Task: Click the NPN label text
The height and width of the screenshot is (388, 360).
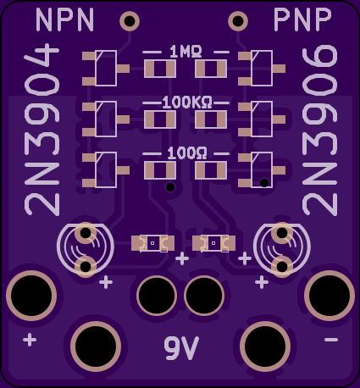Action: click(64, 19)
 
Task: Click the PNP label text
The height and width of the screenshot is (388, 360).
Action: click(302, 19)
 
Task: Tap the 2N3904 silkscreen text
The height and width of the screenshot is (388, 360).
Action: click(42, 130)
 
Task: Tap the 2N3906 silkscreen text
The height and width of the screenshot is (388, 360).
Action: click(319, 130)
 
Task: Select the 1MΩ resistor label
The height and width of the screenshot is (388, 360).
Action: click(186, 52)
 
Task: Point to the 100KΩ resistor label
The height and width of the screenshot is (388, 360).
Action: click(187, 103)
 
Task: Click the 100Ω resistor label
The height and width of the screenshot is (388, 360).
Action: click(187, 153)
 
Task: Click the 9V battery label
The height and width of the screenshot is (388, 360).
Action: click(181, 347)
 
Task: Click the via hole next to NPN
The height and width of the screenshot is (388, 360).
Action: click(130, 21)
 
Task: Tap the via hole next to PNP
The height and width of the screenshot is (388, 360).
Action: click(238, 21)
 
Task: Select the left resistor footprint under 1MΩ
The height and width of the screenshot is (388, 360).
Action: click(160, 69)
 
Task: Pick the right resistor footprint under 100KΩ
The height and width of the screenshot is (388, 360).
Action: click(211, 119)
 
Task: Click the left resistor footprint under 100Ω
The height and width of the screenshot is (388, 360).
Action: click(160, 170)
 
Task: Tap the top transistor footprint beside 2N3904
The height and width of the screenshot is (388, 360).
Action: click(106, 69)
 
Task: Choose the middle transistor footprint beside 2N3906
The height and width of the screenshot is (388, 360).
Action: click(262, 119)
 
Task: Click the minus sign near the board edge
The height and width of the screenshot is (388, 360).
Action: click(331, 340)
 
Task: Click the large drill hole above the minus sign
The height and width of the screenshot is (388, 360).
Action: click(330, 296)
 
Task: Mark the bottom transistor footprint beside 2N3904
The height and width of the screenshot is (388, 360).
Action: click(106, 170)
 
